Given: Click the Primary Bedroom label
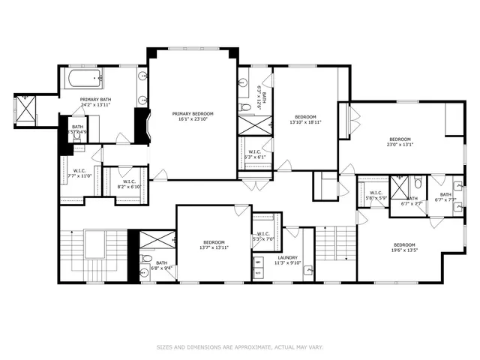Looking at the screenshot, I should [192, 113].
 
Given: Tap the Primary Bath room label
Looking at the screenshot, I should [95, 99].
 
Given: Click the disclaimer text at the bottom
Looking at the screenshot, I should [239, 347].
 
